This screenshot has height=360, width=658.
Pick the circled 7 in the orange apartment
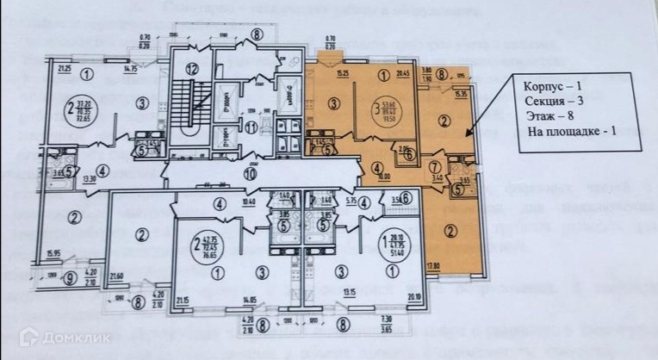[x=436, y=165]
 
